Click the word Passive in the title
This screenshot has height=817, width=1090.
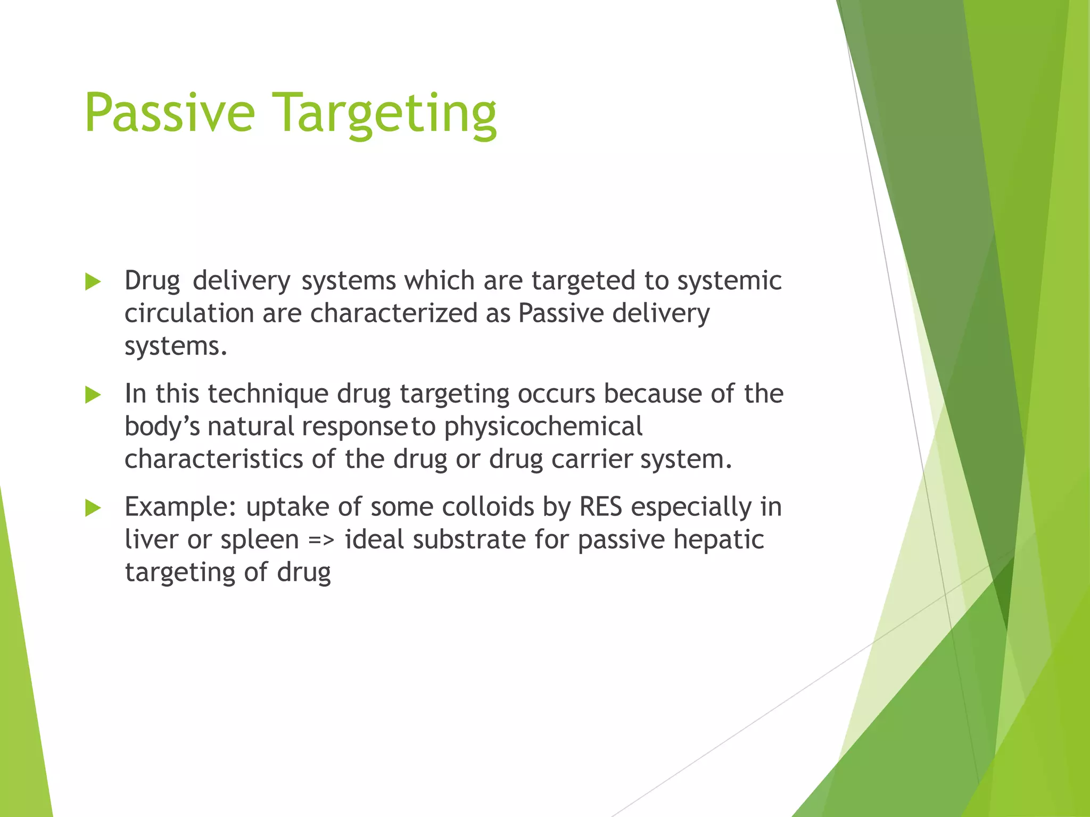pos(169,113)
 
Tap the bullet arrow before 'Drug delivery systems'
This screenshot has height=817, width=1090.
pos(93,281)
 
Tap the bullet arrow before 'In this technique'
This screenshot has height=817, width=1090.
pos(93,395)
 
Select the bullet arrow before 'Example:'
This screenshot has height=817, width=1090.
pos(93,508)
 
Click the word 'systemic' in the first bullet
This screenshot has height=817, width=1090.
pos(729,281)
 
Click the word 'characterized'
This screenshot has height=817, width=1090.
pos(393,313)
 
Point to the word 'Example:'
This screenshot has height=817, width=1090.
pos(180,507)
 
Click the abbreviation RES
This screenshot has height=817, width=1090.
pos(600,507)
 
